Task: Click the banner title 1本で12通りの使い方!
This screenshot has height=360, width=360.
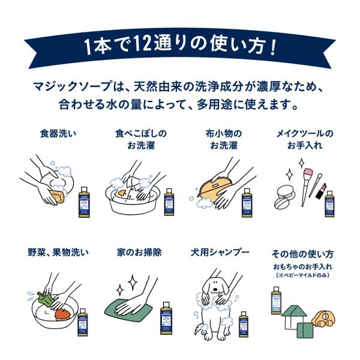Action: [x=180, y=47]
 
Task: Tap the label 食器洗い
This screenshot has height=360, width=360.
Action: [x=58, y=133]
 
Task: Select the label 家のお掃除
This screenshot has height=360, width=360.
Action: [x=139, y=253]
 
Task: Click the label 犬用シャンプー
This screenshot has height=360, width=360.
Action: [x=220, y=253]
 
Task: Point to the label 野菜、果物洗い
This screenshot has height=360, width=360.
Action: [x=58, y=253]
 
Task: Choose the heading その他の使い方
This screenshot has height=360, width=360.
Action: [x=302, y=254]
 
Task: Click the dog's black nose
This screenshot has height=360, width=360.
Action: [x=215, y=289]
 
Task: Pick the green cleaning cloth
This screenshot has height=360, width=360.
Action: [x=126, y=310]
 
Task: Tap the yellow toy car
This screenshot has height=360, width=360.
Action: [x=323, y=319]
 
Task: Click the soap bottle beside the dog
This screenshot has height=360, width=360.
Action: [x=243, y=324]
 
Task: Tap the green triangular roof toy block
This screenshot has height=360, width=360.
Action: [x=294, y=311]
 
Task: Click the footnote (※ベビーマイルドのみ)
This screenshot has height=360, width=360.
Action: [x=302, y=275]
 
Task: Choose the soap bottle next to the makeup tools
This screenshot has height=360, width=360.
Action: [x=329, y=204]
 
